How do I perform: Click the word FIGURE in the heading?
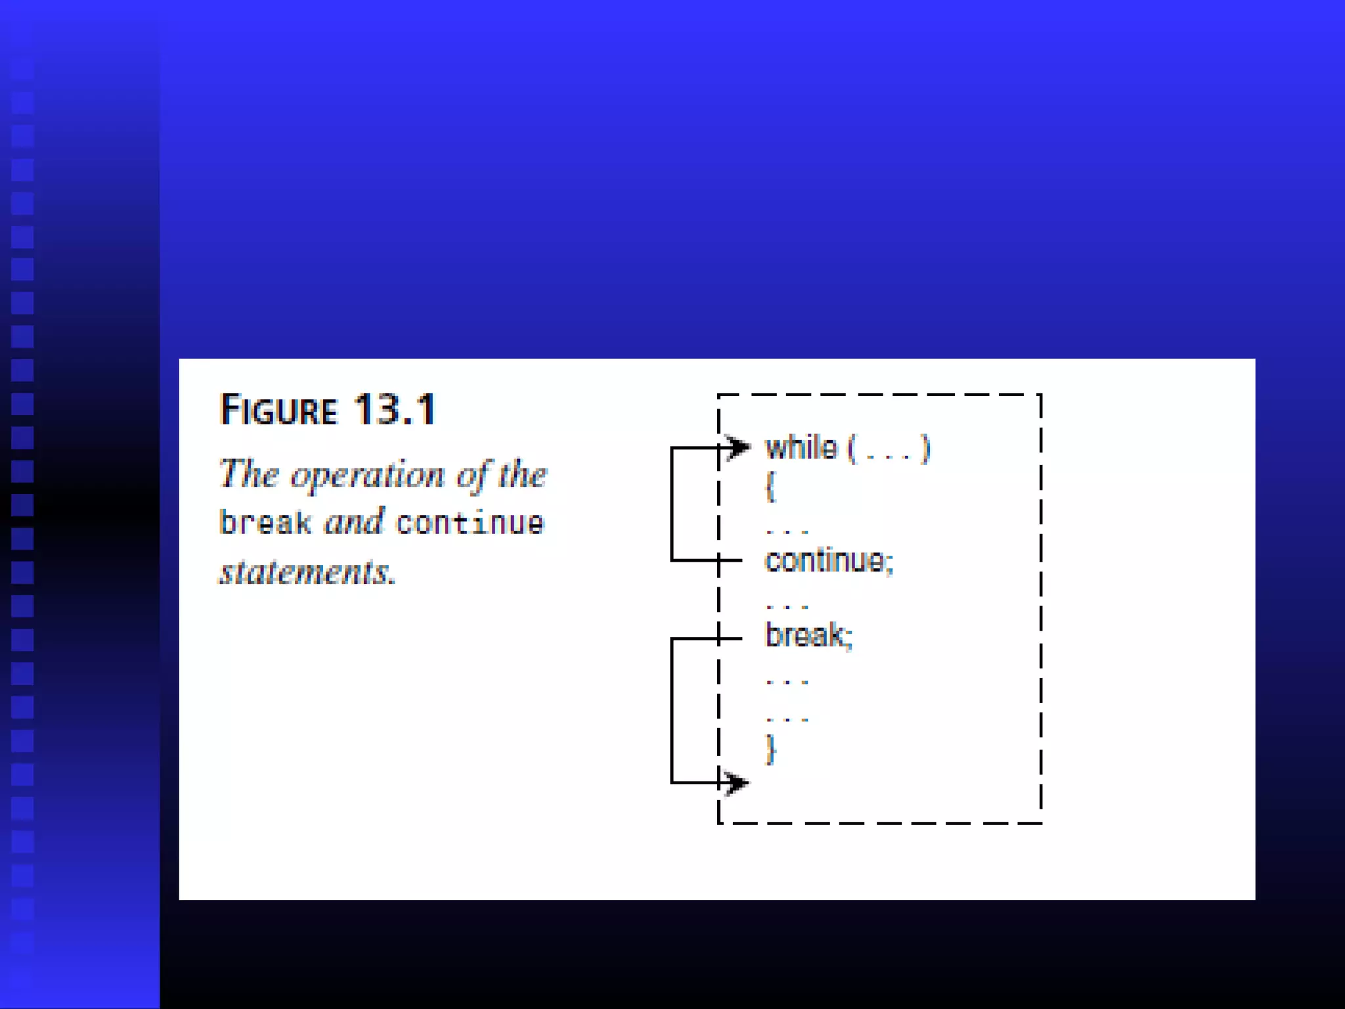[278, 410]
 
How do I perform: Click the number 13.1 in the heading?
[395, 410]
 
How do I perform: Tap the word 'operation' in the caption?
[367, 475]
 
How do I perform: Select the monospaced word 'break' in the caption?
[265, 523]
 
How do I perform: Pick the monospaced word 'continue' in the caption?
[470, 523]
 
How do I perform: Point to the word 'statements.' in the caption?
[307, 572]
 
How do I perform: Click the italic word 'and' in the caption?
[354, 522]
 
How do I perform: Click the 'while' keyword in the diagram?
[801, 448]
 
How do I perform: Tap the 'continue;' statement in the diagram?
[829, 560]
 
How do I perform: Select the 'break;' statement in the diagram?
[808, 635]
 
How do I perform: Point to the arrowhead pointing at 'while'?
[738, 447]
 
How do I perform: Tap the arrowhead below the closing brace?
[736, 782]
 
